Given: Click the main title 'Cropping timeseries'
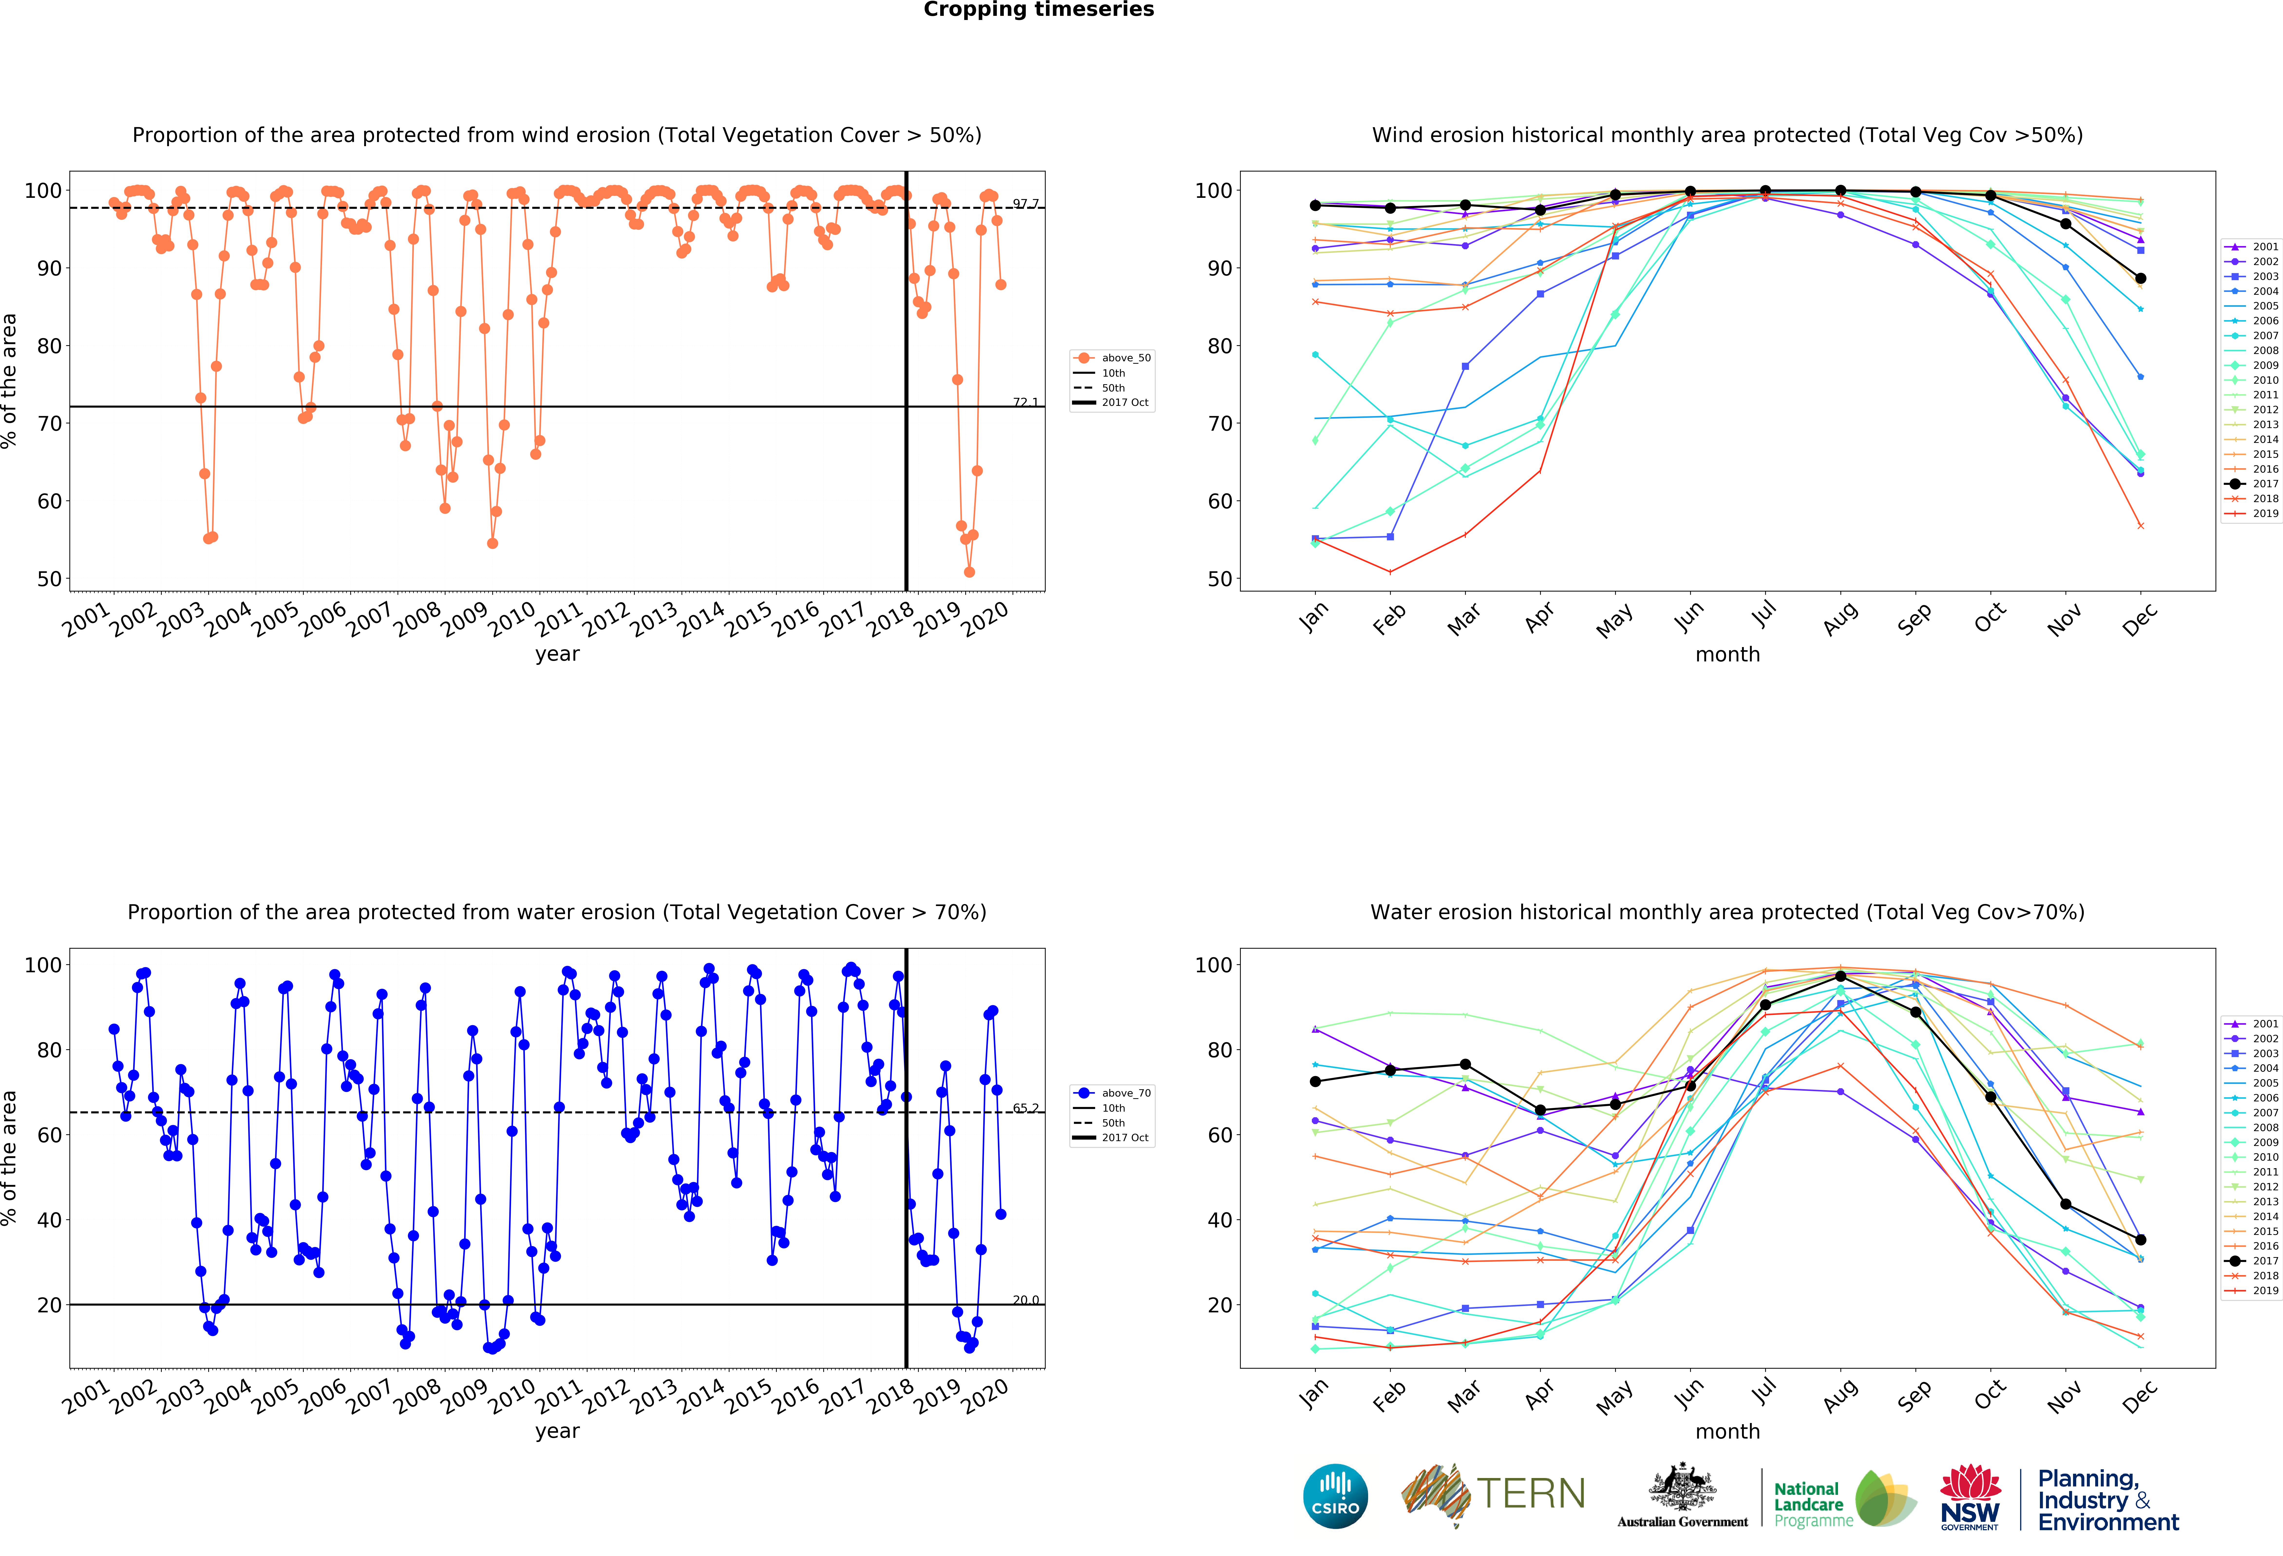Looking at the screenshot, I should (x=1038, y=10).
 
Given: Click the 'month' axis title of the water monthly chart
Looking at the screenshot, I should (x=1727, y=1431).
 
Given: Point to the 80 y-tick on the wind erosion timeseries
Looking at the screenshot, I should (x=49, y=346).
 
